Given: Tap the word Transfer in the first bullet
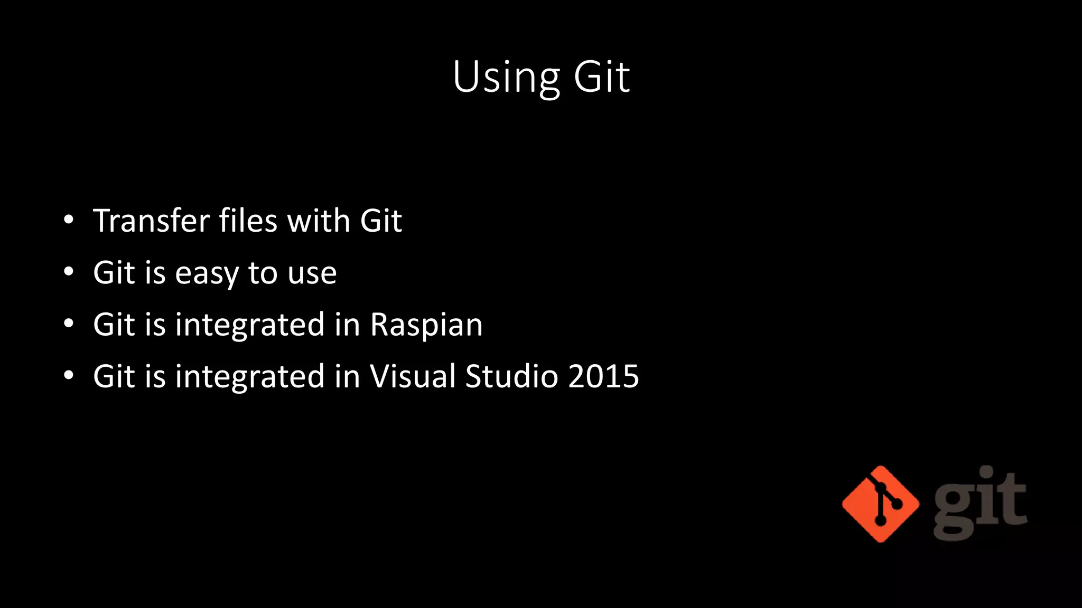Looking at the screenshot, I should [x=151, y=221].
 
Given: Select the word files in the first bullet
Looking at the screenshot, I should [x=248, y=221].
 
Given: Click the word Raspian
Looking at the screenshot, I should [x=426, y=325].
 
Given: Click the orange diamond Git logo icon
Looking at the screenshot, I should [x=880, y=504].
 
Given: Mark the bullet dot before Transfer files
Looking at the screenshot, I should [x=69, y=221].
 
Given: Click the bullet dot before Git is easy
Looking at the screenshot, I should [x=69, y=272].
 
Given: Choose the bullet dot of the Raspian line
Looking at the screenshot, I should [x=69, y=324].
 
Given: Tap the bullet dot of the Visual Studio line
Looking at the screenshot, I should [x=69, y=376].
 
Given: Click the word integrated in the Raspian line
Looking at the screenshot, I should [x=249, y=325].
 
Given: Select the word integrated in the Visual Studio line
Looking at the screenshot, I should [x=249, y=376].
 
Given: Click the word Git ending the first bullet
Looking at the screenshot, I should [x=380, y=221].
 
